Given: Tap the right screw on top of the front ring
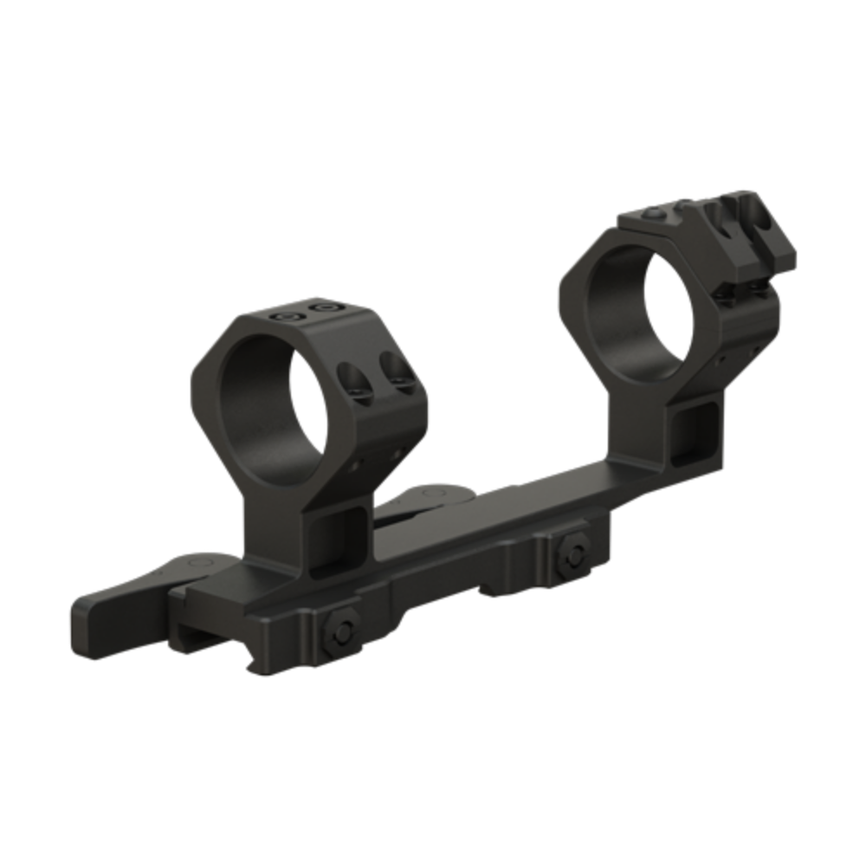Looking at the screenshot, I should [326, 307].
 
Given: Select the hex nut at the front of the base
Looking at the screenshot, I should [341, 637].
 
